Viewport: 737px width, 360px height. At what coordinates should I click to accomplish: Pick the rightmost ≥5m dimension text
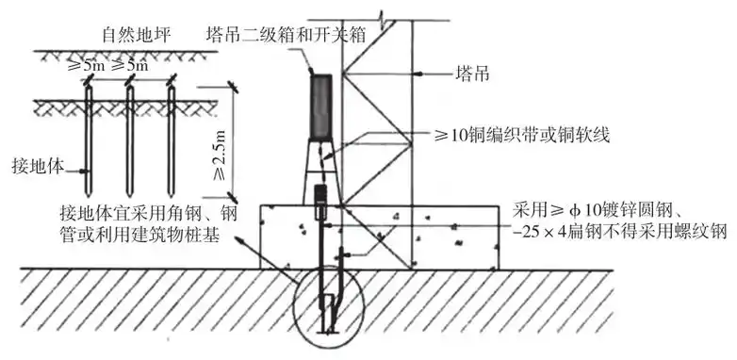[130, 67]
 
